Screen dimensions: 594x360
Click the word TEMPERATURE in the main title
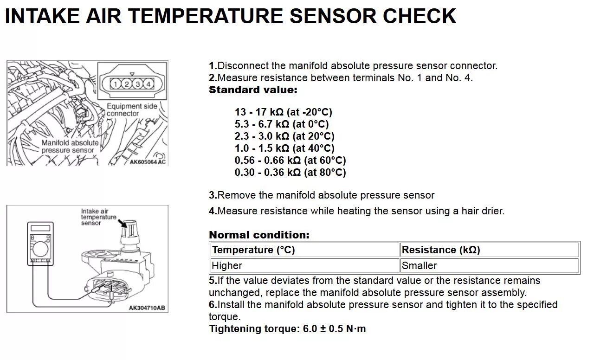click(x=207, y=16)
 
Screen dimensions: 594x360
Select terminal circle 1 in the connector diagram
click(x=115, y=84)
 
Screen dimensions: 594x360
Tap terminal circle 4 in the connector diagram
click(x=148, y=84)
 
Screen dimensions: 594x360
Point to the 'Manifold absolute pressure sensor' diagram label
click(x=70, y=146)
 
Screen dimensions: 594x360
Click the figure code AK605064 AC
click(x=147, y=162)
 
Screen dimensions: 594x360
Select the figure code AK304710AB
click(x=147, y=308)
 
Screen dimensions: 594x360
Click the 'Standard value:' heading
click(x=253, y=90)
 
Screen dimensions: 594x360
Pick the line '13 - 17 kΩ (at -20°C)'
click(x=284, y=112)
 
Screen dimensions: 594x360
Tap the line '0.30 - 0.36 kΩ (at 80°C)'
click(x=291, y=173)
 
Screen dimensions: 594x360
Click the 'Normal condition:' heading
click(x=259, y=235)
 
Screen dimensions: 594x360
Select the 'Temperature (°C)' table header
click(x=253, y=250)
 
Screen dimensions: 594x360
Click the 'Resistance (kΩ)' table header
click(x=441, y=250)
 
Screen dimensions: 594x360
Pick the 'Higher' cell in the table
click(x=227, y=266)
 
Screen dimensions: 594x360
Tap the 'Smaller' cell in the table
click(x=419, y=266)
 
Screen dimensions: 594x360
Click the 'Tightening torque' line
click(x=287, y=329)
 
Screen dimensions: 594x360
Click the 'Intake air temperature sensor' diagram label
click(x=98, y=217)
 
